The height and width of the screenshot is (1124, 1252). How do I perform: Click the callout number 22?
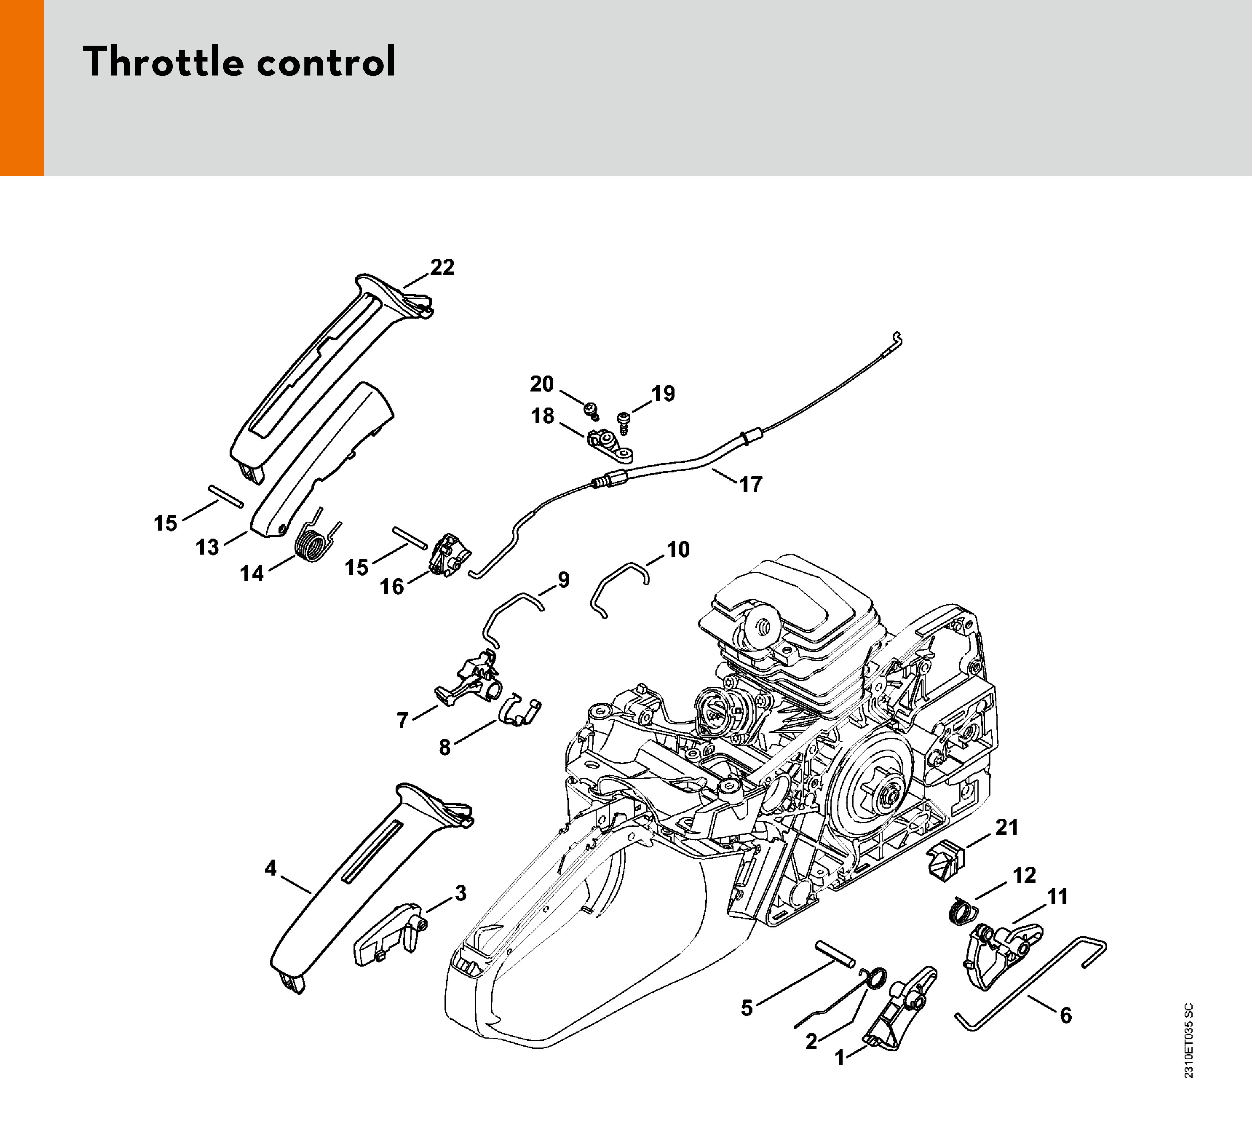coord(442,267)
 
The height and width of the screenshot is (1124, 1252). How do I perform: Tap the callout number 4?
coord(271,868)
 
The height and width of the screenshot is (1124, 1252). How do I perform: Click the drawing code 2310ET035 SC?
coord(1189,1041)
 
